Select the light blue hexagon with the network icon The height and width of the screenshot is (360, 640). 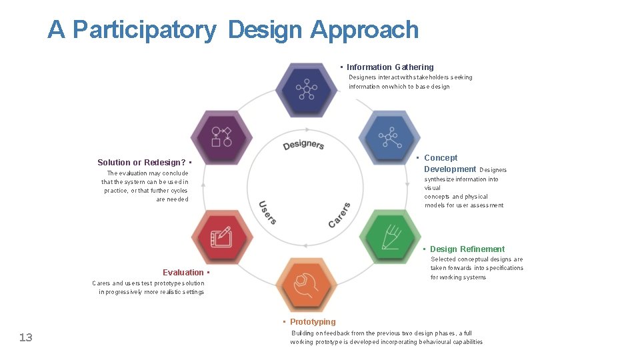[x=389, y=138]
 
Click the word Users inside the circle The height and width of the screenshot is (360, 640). [x=267, y=212]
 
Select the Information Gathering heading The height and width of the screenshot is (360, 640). [x=390, y=67]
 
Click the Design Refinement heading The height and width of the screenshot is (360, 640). [x=467, y=249]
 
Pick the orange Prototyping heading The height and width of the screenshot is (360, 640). [x=313, y=322]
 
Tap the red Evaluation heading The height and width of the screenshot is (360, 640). [x=183, y=272]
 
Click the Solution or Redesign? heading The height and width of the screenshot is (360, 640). [x=141, y=163]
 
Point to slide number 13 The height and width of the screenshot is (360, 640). [x=25, y=337]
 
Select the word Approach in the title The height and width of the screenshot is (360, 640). [x=364, y=30]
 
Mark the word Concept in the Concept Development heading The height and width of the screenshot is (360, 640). [x=441, y=158]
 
